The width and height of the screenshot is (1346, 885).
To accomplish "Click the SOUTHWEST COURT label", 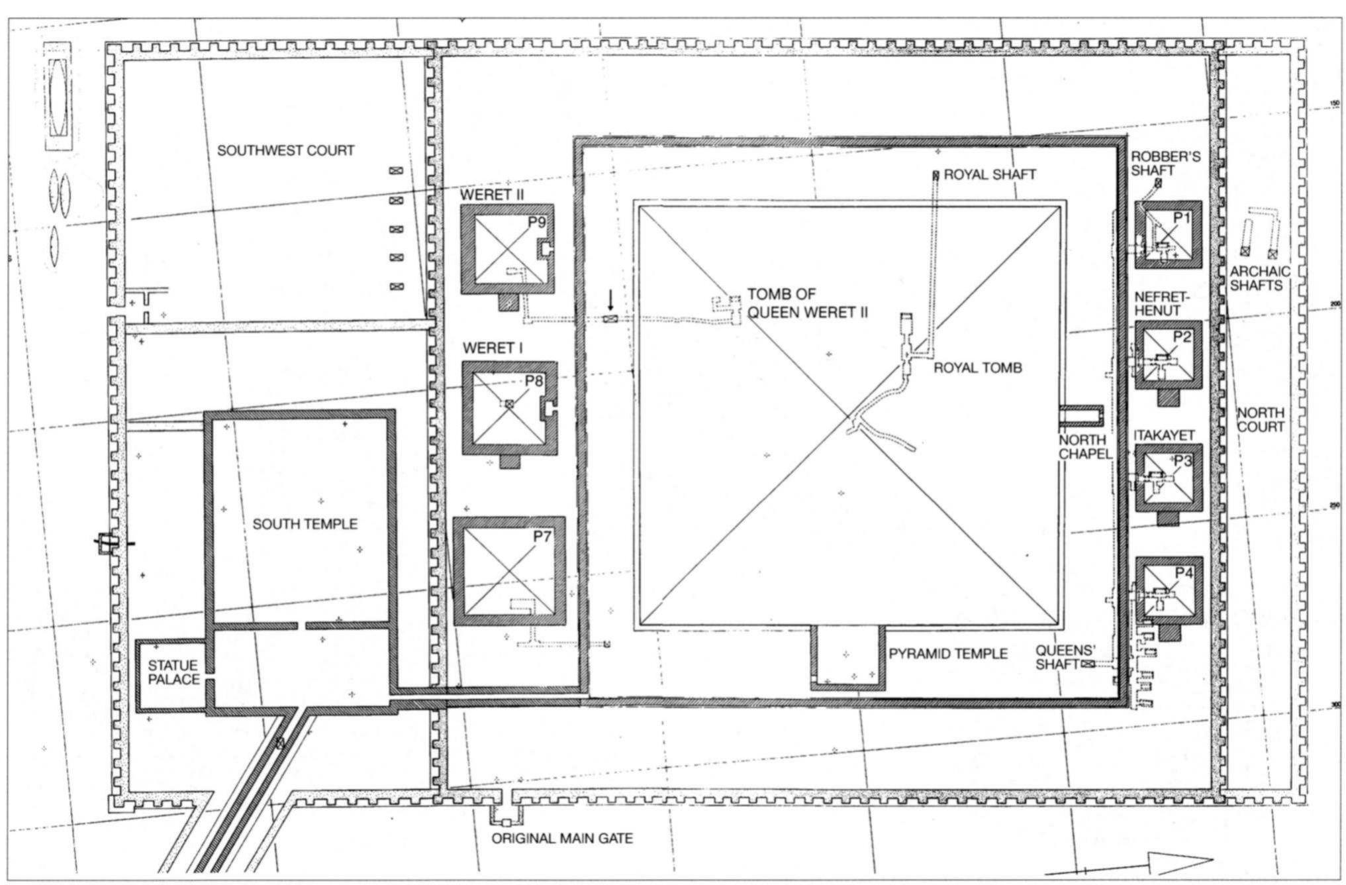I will pos(285,151).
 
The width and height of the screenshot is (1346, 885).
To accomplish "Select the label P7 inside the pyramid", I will pos(542,537).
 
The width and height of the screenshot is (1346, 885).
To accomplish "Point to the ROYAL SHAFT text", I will pos(989,175).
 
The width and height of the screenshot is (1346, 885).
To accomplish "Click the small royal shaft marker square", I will pos(936,176).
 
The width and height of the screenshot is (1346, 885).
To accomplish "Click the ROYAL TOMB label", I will pos(977,368).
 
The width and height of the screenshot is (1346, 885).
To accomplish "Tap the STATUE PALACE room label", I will pos(173,672).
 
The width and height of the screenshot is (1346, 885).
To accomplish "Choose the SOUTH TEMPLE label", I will pos(305,525).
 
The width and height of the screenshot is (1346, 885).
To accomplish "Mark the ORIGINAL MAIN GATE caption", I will pos(561,839).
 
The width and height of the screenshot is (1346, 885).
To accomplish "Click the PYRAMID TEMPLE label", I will pos(947,654).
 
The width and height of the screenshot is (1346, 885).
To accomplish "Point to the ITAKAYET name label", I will pos(1163,435).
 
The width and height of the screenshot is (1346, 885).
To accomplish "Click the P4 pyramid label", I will pos(1184,572).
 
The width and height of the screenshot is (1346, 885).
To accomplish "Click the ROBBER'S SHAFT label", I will pos(1156,164).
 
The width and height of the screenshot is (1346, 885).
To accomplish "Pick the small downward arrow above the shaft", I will pos(610,302).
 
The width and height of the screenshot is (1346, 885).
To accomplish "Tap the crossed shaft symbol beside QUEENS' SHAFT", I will pos(1087,664).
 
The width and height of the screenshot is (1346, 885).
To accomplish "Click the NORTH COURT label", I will pos(1260,420).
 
